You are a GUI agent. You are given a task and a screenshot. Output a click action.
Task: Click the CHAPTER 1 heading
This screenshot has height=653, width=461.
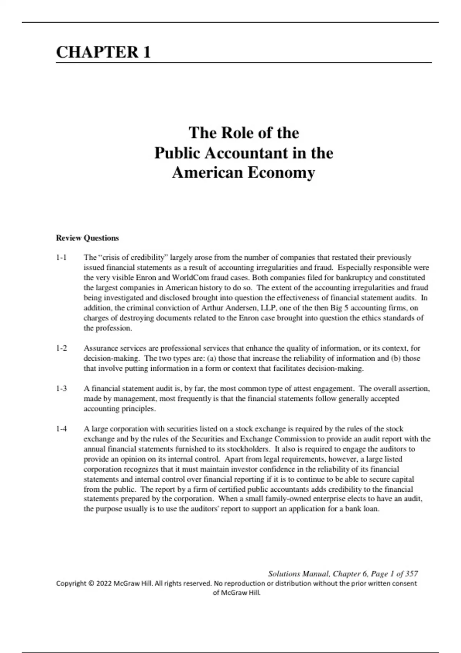point(103,52)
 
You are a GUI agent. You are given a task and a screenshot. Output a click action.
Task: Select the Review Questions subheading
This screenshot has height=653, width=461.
point(87,238)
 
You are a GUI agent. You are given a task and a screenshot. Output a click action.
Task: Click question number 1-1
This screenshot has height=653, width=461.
point(61,257)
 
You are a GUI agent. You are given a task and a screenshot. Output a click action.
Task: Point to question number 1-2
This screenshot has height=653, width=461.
point(61,348)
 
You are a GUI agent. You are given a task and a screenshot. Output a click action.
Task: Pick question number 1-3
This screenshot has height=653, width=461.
point(61,388)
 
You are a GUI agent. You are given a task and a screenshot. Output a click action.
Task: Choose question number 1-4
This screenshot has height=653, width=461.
point(61,429)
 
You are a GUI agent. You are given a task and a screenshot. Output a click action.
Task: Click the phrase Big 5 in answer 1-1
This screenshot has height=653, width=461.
point(339,308)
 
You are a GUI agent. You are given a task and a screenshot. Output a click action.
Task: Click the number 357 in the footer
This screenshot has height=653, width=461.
point(411,574)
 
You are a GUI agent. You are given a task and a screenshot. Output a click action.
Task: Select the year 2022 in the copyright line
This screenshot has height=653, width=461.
point(104,583)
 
